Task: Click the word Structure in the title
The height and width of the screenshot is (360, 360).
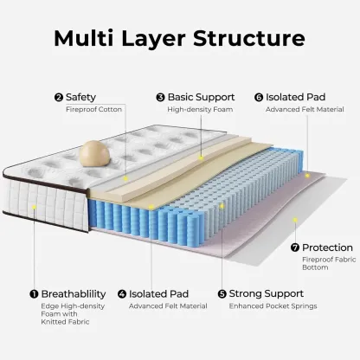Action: coord(249,38)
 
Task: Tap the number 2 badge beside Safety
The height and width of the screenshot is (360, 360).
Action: coord(59,98)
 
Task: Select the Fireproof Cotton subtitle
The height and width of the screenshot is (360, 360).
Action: coord(93,109)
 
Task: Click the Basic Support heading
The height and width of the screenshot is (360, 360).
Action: coord(201,97)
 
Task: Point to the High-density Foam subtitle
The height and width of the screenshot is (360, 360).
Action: coord(200,109)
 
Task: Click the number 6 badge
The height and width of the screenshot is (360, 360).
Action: coord(259,98)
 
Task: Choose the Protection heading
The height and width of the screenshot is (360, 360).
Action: coord(327,247)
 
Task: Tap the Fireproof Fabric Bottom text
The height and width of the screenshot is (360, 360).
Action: coord(329,263)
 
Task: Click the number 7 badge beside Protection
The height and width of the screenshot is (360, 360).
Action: coord(295,247)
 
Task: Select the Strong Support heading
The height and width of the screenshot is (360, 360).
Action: coord(267,293)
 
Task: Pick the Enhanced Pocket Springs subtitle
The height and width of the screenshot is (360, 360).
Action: coord(273,306)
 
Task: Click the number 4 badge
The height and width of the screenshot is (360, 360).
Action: coord(122,294)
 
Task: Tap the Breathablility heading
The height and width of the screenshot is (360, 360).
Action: coord(74,294)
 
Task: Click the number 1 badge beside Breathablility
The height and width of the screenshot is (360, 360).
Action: coord(34,294)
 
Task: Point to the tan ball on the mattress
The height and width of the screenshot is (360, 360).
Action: coord(94,154)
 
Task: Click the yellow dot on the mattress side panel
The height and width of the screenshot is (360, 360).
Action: coord(34,207)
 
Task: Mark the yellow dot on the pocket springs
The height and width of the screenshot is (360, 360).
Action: coord(222,206)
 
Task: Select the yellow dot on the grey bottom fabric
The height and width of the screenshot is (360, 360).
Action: coord(295,220)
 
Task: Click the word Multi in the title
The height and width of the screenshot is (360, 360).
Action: coord(84,38)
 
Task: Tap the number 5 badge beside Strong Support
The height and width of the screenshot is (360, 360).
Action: coord(222,294)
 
